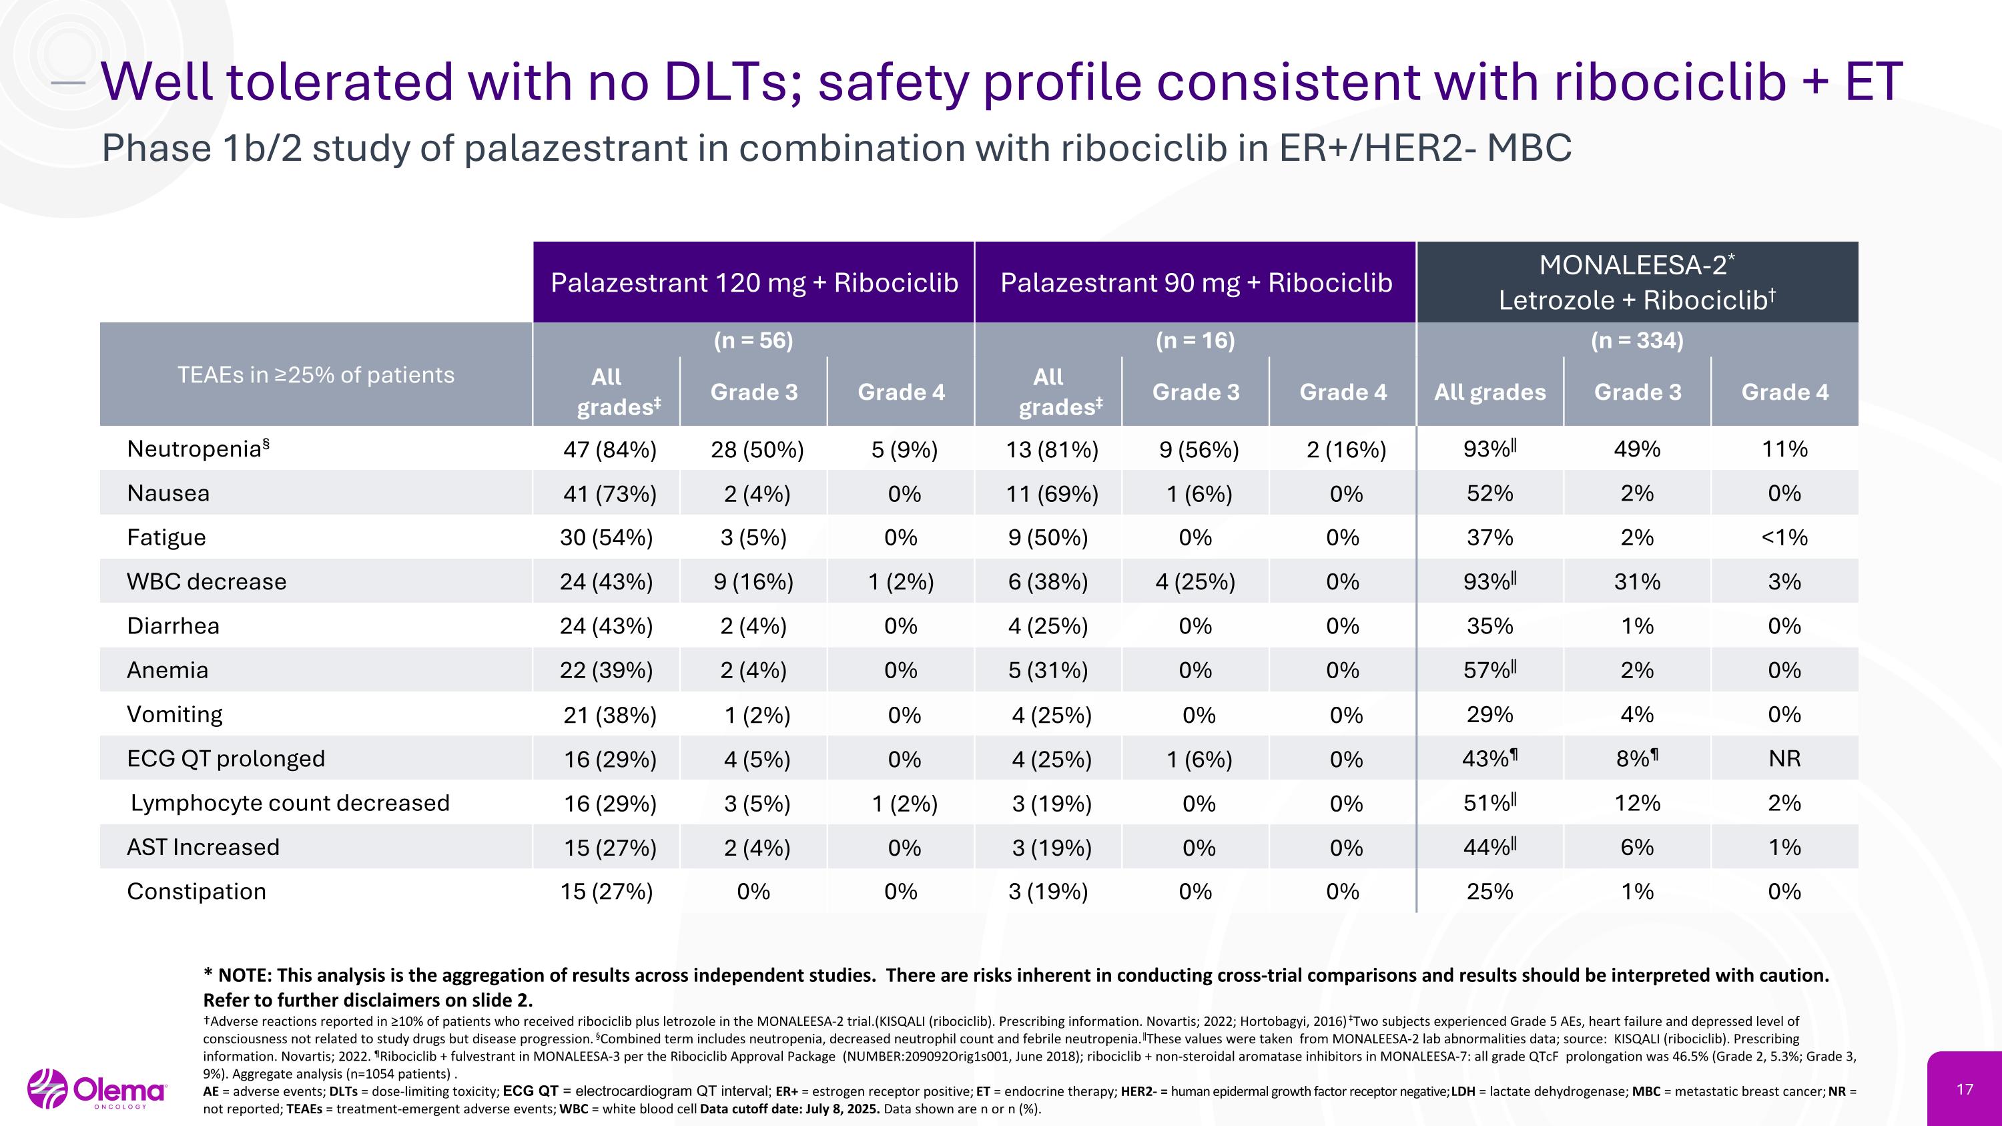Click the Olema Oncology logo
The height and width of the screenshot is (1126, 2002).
pyautogui.click(x=97, y=1089)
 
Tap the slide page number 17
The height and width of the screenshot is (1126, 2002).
pyautogui.click(x=1965, y=1089)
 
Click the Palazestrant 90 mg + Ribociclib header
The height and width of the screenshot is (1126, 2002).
pyautogui.click(x=1195, y=282)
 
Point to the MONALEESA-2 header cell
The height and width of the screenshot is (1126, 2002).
pyautogui.click(x=1637, y=282)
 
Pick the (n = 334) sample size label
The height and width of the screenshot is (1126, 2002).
pyautogui.click(x=1637, y=340)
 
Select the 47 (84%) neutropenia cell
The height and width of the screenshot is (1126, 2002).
pyautogui.click(x=609, y=449)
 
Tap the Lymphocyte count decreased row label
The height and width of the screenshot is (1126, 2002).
pyautogui.click(x=290, y=803)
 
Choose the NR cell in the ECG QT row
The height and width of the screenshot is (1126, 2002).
pyautogui.click(x=1784, y=758)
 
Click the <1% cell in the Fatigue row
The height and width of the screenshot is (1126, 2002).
pyautogui.click(x=1784, y=537)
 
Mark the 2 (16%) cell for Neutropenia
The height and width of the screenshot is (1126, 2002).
pyautogui.click(x=1346, y=449)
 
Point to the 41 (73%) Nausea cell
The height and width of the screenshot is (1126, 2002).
pyautogui.click(x=609, y=493)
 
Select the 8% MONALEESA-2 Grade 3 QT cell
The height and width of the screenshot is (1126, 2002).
pyautogui.click(x=1637, y=758)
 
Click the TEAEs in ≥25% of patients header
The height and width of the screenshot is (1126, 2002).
pyautogui.click(x=316, y=374)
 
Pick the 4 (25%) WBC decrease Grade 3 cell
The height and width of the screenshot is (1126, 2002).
pyautogui.click(x=1195, y=581)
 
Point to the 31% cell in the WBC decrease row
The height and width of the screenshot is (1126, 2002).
pyautogui.click(x=1637, y=581)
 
